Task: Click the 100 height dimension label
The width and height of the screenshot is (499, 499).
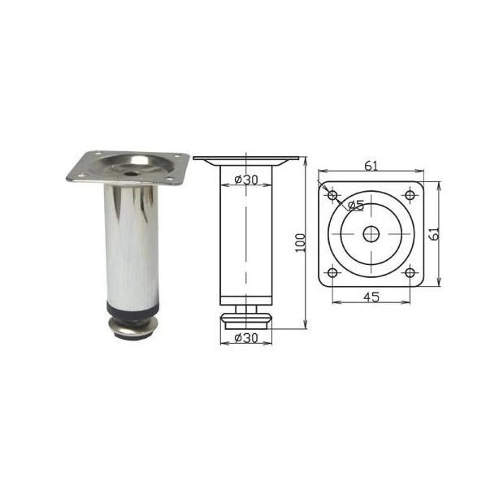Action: [x=300, y=241]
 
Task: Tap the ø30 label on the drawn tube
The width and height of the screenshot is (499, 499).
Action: [x=246, y=180]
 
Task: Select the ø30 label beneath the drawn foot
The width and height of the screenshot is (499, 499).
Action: [x=246, y=336]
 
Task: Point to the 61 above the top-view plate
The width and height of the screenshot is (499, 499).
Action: [x=371, y=167]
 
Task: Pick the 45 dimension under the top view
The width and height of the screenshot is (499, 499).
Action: [x=371, y=297]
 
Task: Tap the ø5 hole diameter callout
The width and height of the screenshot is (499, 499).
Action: [x=355, y=206]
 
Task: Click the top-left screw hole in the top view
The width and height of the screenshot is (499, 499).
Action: [x=332, y=195]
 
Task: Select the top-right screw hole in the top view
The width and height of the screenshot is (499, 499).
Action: [x=410, y=195]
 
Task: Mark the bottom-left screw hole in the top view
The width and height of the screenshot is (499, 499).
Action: [x=332, y=272]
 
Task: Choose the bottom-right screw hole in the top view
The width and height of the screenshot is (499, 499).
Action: [x=410, y=272]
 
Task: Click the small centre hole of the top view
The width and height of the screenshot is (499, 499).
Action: [x=371, y=234]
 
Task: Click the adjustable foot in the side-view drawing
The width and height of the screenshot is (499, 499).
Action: [x=246, y=316]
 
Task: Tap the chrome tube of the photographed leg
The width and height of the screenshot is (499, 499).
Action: [x=130, y=244]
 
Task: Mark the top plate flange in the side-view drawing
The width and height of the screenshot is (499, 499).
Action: [x=246, y=160]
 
